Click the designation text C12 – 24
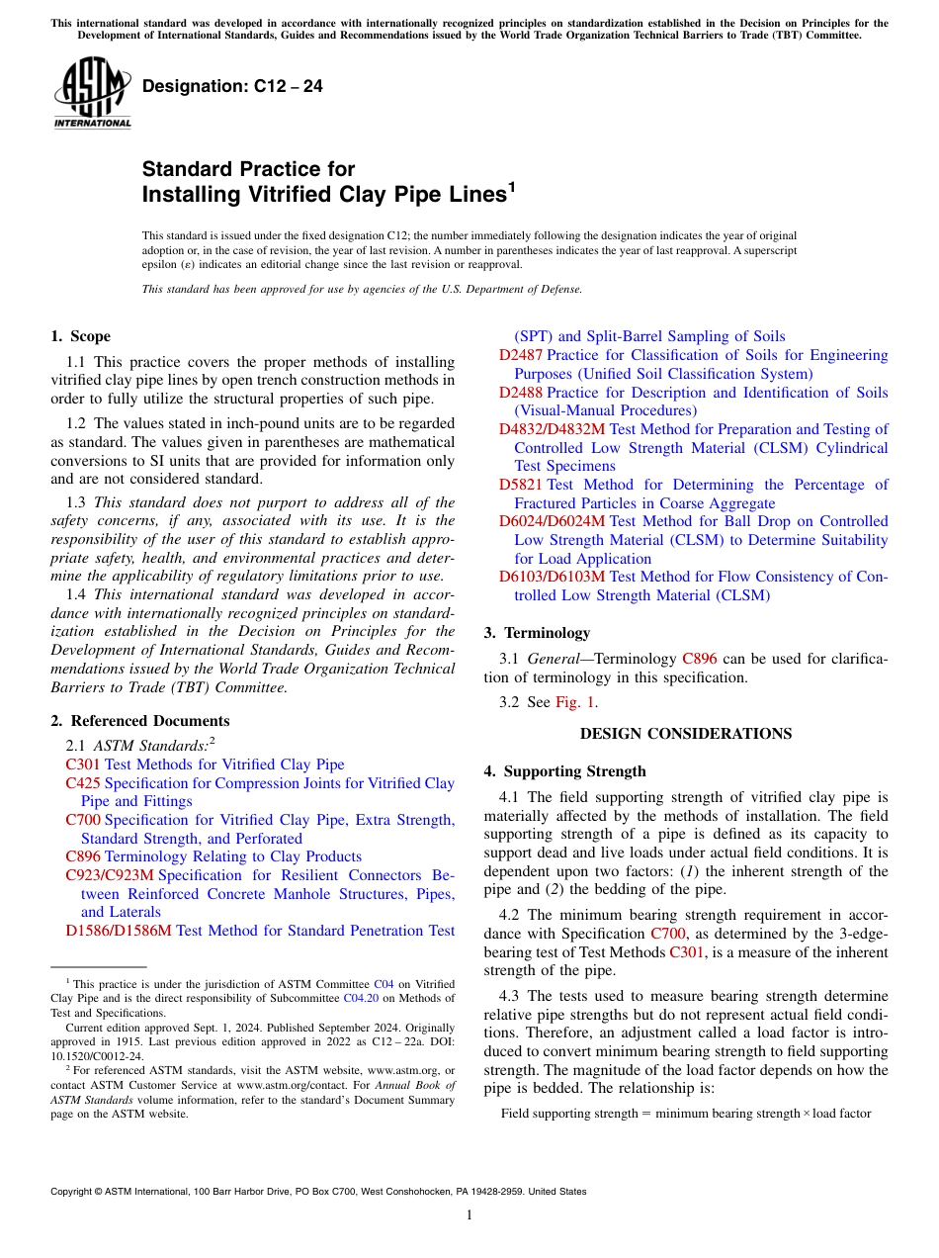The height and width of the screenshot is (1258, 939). click(x=232, y=87)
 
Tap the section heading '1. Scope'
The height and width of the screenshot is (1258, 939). click(x=81, y=336)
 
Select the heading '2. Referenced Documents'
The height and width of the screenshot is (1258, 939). click(x=140, y=721)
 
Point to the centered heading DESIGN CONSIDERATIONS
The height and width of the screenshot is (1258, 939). click(x=685, y=734)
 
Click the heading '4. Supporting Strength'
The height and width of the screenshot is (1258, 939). click(x=564, y=771)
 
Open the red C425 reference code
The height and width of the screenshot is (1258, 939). click(x=83, y=783)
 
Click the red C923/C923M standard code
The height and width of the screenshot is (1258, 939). click(x=110, y=875)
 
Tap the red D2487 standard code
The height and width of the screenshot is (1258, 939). click(x=521, y=355)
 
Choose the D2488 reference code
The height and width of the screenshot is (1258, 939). click(x=521, y=393)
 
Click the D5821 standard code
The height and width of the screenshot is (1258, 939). click(x=521, y=485)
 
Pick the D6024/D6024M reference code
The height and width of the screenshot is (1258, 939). click(x=552, y=521)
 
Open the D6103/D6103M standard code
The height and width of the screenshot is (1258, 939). click(x=552, y=577)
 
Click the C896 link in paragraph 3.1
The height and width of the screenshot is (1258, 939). click(x=700, y=659)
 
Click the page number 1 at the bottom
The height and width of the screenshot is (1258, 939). click(x=469, y=1214)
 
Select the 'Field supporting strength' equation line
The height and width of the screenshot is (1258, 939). click(x=686, y=1114)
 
